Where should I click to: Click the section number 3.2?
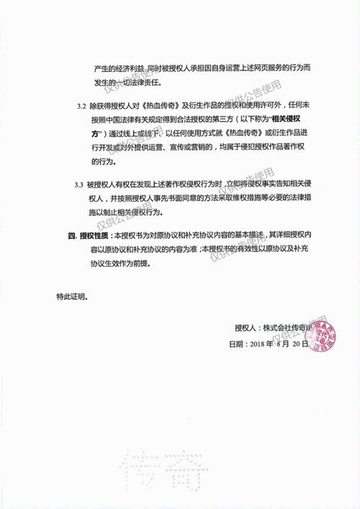click(81, 106)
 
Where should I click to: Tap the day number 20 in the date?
click(296, 344)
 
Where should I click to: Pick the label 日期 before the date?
click(235, 344)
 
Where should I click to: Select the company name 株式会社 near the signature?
click(276, 328)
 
